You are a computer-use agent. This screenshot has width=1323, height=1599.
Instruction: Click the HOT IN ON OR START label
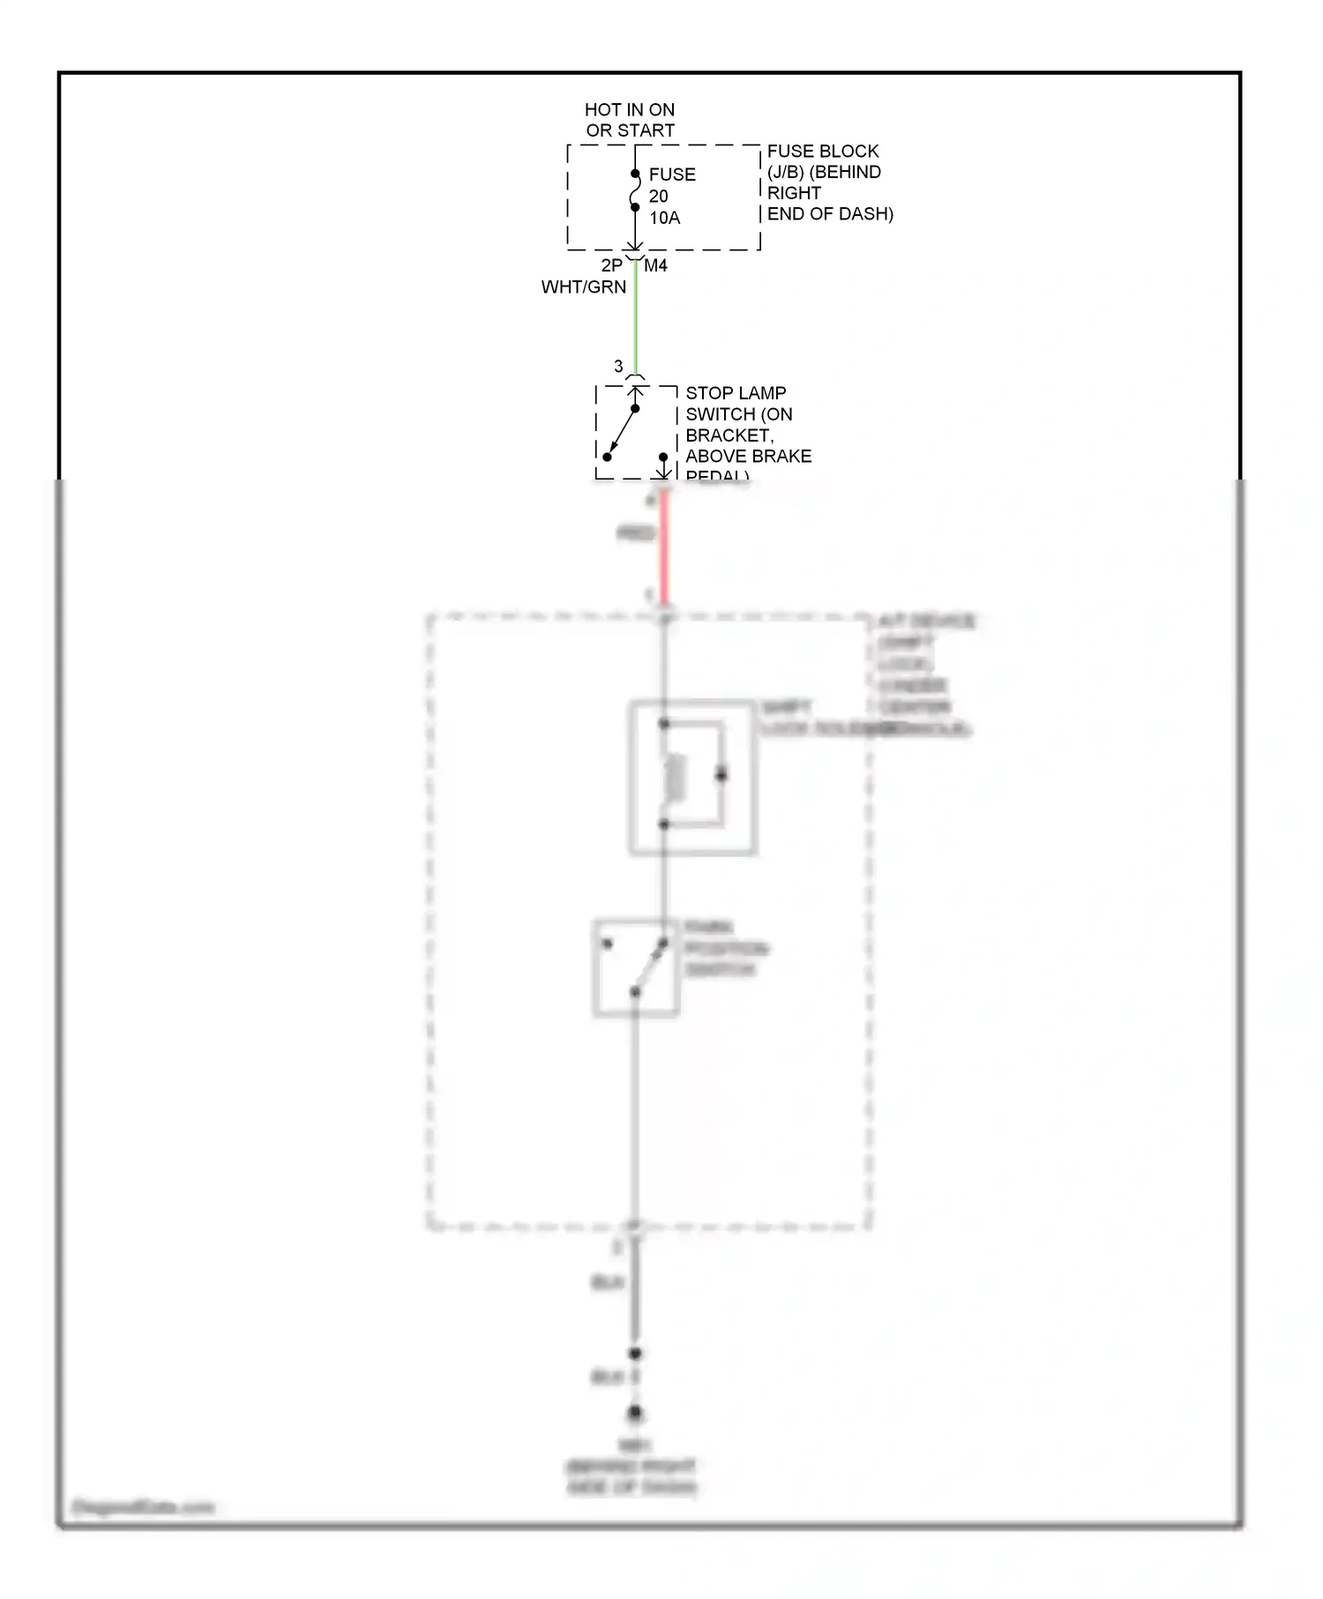[630, 120]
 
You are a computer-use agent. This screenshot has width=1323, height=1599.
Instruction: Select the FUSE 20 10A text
[671, 196]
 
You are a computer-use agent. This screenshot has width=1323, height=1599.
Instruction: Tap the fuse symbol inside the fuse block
[635, 190]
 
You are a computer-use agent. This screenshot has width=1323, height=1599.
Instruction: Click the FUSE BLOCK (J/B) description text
[828, 182]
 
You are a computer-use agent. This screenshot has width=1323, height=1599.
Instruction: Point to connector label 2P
[611, 265]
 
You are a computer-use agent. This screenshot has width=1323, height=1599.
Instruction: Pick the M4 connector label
[655, 265]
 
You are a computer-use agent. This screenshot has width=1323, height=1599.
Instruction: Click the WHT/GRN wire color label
[584, 287]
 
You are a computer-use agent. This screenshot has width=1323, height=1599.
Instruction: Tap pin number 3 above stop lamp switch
[618, 366]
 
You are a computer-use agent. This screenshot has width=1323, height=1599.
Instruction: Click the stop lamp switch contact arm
[622, 432]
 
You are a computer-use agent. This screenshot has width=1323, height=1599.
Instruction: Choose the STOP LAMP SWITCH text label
[747, 435]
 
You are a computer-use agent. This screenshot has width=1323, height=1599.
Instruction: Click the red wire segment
[664, 547]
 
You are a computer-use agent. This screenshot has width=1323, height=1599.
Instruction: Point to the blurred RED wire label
[635, 533]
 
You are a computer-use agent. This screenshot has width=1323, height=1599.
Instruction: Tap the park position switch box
[635, 968]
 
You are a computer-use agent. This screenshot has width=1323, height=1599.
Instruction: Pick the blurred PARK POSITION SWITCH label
[725, 948]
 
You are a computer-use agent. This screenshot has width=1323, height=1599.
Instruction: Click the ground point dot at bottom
[635, 1413]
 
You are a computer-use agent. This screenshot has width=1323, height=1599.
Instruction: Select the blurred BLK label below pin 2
[608, 1283]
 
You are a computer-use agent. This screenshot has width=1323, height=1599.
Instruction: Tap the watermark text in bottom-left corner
[143, 1506]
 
